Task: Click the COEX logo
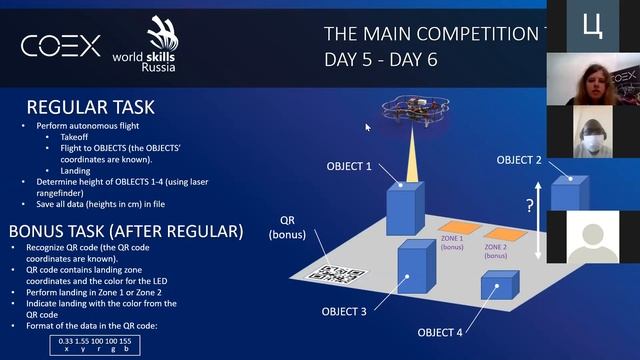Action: coord(61,46)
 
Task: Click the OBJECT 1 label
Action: coord(348,165)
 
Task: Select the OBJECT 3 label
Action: coord(344,311)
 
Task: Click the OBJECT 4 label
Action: coord(440,332)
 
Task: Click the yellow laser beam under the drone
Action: coord(410,160)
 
